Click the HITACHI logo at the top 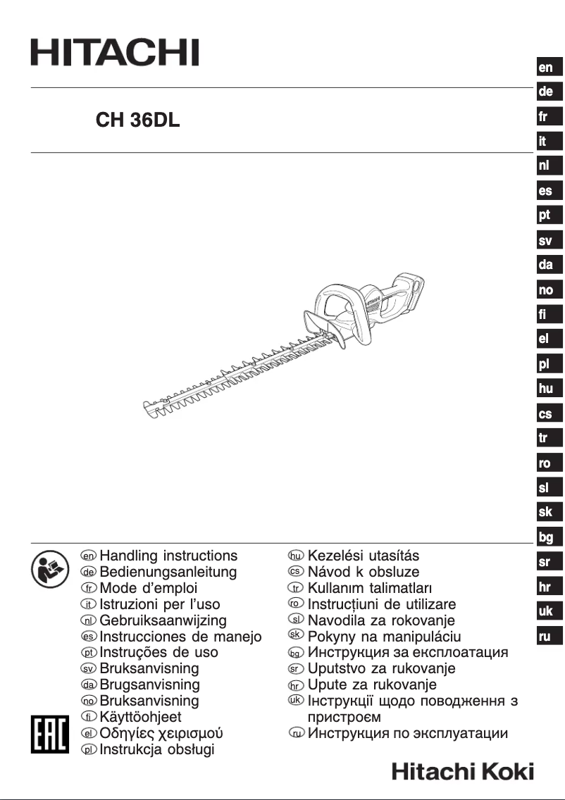[114, 54]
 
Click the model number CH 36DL [138, 120]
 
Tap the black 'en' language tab [546, 68]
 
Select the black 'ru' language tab [546, 637]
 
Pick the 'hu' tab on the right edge [546, 389]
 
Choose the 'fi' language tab [546, 314]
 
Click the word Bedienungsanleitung [168, 572]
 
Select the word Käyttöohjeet [141, 717]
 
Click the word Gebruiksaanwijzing [163, 620]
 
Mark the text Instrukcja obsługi [157, 749]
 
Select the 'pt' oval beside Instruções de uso [89, 653]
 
